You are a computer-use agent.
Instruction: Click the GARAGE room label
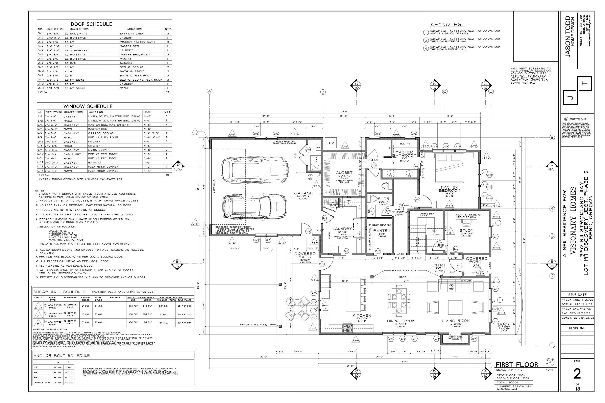(303, 193)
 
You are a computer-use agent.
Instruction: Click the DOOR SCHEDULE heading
(91, 24)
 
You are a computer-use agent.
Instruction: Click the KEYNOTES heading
(446, 25)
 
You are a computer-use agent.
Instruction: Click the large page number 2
(577, 374)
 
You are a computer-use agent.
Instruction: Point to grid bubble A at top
(210, 91)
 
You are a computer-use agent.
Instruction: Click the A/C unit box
(331, 143)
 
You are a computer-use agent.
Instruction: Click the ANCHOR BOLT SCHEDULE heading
(62, 356)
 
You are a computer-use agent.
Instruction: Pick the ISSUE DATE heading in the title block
(577, 295)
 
